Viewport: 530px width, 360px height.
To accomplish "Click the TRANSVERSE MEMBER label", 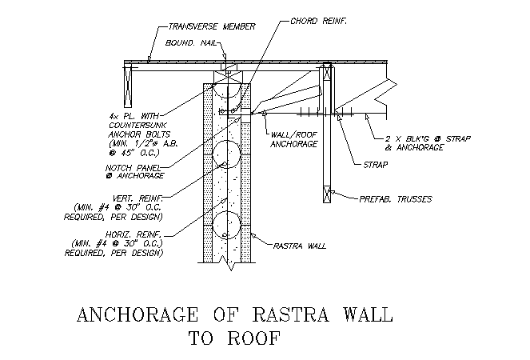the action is (212, 26).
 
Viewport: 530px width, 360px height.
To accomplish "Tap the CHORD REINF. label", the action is (318, 21).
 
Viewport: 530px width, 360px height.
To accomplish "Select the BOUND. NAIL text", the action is (190, 43).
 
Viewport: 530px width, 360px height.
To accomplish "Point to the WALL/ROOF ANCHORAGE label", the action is (293, 140).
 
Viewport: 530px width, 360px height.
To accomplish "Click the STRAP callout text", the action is (376, 165).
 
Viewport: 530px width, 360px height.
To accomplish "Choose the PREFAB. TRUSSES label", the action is (396, 199).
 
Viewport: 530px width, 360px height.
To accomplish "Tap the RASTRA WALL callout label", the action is (300, 246).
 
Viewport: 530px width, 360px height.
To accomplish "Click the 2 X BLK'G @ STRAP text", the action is (428, 138).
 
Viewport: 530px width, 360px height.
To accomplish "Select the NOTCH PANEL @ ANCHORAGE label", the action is (134, 172).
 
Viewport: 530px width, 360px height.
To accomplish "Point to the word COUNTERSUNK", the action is (137, 125).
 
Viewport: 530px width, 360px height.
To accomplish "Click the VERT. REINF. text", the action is (137, 198).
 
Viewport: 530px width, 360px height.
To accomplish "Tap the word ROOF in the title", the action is (254, 338).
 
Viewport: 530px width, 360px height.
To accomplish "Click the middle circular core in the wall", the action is (227, 154).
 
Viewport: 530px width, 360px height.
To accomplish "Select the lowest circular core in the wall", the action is (227, 225).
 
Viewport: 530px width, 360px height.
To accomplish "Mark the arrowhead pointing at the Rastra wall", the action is (253, 236).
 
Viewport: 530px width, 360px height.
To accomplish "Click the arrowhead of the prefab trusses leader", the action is (333, 193).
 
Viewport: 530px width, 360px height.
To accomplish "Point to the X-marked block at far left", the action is (128, 87).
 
